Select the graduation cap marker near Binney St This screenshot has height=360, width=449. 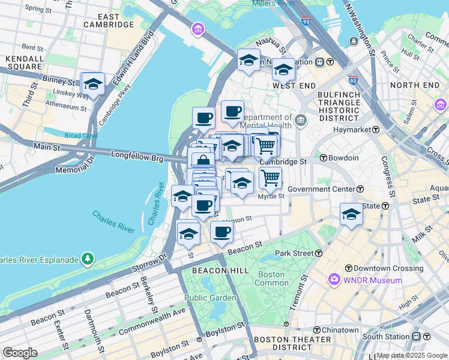pyautogui.click(x=92, y=85)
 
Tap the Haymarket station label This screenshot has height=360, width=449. pyautogui.click(x=357, y=130)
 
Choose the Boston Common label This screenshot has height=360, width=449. pyautogui.click(x=272, y=279)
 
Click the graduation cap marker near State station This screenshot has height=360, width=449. pyautogui.click(x=351, y=214)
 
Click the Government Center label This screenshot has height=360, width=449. pyautogui.click(x=321, y=189)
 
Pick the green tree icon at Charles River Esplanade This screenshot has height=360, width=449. pyautogui.click(x=88, y=259)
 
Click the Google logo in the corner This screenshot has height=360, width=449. pyautogui.click(x=20, y=353)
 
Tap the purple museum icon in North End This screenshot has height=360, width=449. pyautogui.click(x=441, y=105)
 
